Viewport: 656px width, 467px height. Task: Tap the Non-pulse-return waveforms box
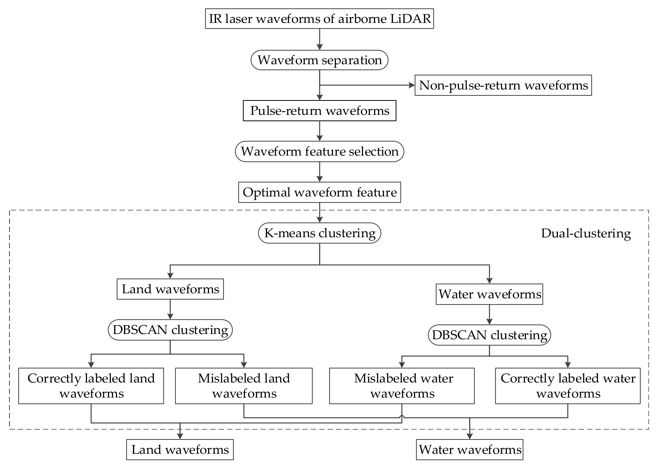click(503, 85)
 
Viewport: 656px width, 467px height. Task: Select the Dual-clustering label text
click(586, 233)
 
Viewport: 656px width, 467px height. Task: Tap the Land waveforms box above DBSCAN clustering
click(170, 289)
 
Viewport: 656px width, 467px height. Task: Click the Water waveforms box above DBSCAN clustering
click(489, 294)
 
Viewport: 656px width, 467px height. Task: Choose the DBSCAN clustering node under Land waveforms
click(170, 330)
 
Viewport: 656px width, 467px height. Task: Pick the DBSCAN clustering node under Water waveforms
click(489, 335)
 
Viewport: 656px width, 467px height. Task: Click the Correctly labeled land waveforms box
click(91, 386)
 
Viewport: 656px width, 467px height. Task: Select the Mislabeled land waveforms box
click(244, 386)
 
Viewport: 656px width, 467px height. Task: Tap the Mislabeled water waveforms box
click(402, 386)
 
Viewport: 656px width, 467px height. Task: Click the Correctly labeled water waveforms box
click(568, 386)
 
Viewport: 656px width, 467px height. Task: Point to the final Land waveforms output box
click(180, 450)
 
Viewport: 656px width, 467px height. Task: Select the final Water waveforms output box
click(470, 450)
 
